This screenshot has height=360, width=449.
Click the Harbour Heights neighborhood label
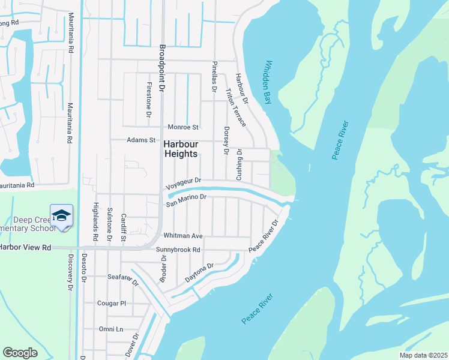pyautogui.click(x=180, y=149)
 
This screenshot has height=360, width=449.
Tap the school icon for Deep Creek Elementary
pyautogui.click(x=62, y=215)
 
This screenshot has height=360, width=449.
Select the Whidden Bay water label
pyautogui.click(x=268, y=82)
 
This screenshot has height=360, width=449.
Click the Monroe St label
pyautogui.click(x=183, y=127)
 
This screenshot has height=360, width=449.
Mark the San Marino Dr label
pyautogui.click(x=186, y=199)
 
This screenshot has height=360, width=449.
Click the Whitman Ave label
pyautogui.click(x=188, y=236)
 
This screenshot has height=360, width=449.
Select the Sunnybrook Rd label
pyautogui.click(x=178, y=250)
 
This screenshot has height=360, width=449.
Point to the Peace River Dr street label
pyautogui.click(x=264, y=236)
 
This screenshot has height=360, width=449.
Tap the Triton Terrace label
pyautogui.click(x=236, y=107)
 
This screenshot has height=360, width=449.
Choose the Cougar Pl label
pyautogui.click(x=112, y=304)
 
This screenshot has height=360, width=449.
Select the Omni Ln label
pyautogui.click(x=111, y=329)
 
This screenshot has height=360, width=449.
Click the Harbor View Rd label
pyautogui.click(x=25, y=247)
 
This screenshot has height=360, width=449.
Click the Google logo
pyautogui.click(x=20, y=353)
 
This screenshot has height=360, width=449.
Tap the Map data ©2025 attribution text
pyautogui.click(x=423, y=355)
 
